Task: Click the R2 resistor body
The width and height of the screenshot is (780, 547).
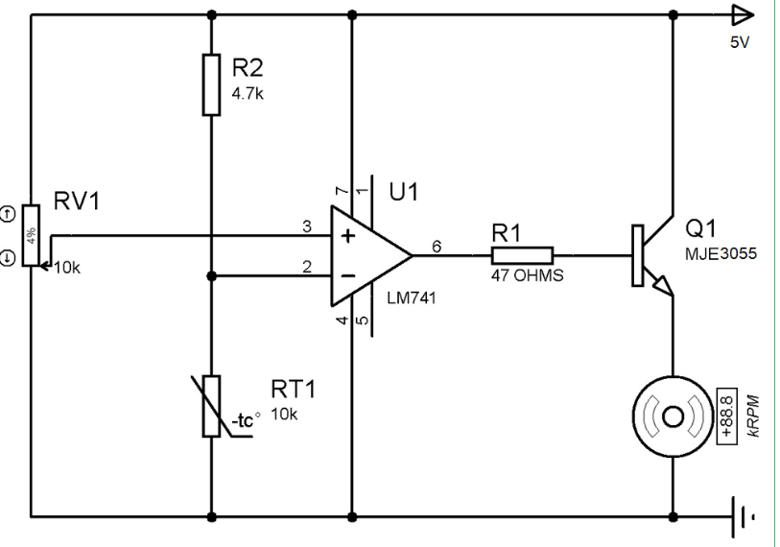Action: [x=211, y=85]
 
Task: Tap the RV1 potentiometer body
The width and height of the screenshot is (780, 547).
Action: [x=32, y=236]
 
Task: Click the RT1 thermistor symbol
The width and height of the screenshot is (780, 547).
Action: [x=211, y=406]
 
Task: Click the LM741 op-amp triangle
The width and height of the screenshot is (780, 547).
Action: [x=369, y=255]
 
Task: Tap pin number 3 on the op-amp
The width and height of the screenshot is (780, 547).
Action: [x=307, y=226]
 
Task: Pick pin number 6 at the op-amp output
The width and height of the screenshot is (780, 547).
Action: [x=437, y=246]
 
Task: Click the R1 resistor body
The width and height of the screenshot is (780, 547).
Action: [x=522, y=255]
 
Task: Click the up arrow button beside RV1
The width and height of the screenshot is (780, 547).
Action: [x=10, y=213]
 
